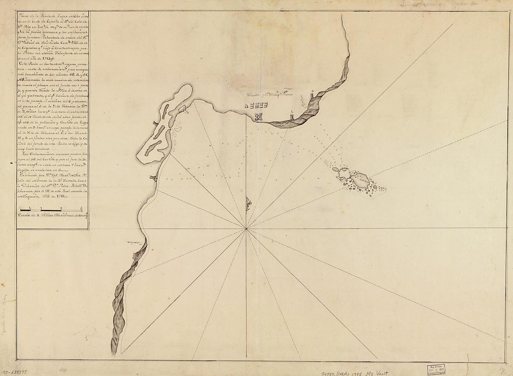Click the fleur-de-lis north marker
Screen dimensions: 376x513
(x=249, y=204)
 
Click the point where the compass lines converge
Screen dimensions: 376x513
(x=246, y=229)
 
